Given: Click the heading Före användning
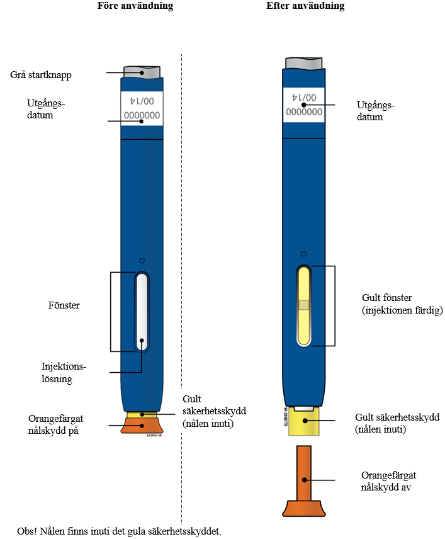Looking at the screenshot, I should [x=135, y=6].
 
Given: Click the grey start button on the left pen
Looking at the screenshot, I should [x=142, y=71].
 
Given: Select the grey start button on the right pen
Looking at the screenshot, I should [x=305, y=62].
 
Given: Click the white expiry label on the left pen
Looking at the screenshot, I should [x=142, y=108].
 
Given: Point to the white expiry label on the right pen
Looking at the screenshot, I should [x=304, y=105].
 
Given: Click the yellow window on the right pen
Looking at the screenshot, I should [x=304, y=306].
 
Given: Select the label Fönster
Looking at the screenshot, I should [x=64, y=306].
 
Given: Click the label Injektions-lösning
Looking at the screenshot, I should [x=63, y=372].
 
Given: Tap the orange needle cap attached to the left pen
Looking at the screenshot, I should [x=142, y=426].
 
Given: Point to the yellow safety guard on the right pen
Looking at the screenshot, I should [x=304, y=421].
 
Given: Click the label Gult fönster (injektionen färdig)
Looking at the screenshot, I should [x=402, y=304].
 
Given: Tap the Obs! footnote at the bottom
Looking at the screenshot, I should [x=120, y=531].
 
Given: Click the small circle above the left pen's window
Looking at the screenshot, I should [x=142, y=261].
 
